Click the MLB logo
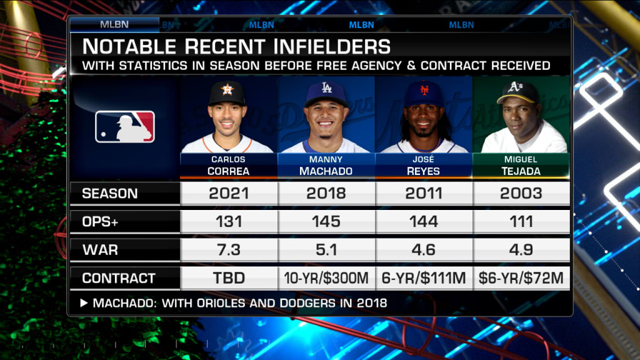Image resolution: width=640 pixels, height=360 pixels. tap(125, 126)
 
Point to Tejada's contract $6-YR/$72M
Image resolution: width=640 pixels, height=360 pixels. tap(521, 278)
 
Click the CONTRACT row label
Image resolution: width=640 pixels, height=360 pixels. tap(119, 278)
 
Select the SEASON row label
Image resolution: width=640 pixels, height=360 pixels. tap(110, 193)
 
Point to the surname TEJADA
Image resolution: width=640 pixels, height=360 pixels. tap(521, 171)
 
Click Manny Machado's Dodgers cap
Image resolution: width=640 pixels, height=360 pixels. tap(326, 92)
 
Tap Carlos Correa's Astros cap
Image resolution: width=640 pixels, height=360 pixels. tap(227, 91)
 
